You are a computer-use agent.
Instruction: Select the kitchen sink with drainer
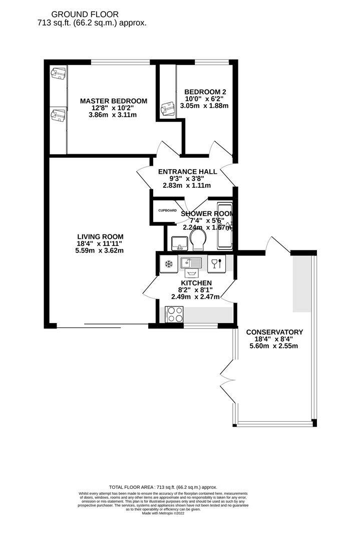click(192, 262)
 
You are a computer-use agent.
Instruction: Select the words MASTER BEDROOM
click(114, 101)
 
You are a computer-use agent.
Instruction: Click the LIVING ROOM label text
click(100, 237)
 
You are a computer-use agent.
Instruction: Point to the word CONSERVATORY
click(274, 332)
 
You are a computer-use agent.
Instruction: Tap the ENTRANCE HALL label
click(187, 172)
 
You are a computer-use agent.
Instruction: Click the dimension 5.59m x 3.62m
click(100, 250)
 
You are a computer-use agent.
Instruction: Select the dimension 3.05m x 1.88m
click(204, 106)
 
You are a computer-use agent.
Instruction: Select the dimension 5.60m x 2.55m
click(274, 346)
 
